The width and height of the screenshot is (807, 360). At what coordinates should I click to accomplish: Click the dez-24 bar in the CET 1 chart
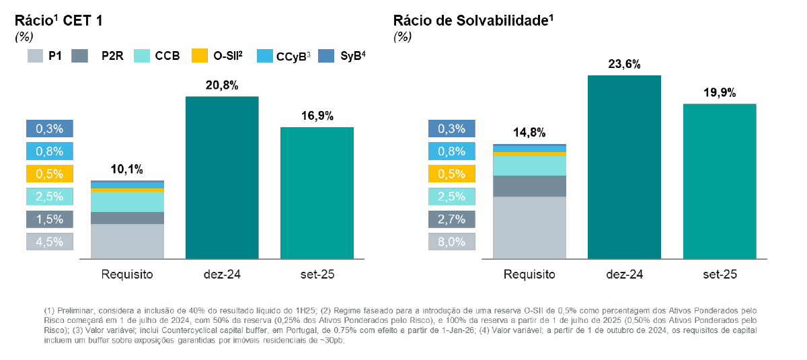pos(222,178)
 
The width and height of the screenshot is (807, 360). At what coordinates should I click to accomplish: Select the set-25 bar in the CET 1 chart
pos(317,192)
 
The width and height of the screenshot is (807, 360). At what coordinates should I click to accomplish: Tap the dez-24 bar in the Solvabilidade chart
pos(624,167)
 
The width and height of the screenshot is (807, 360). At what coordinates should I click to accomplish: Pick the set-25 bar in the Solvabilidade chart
pos(719,181)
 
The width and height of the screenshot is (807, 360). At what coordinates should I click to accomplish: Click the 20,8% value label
pos(222,85)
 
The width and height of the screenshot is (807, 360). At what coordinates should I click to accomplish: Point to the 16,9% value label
pos(317,116)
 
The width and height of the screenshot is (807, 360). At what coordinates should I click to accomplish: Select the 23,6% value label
pos(624,64)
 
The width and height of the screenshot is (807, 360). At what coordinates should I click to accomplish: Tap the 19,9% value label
pos(719,93)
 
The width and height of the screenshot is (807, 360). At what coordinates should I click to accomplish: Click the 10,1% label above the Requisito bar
pos(126,170)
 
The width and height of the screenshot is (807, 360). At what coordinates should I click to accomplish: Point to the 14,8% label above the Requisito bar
pos(529,133)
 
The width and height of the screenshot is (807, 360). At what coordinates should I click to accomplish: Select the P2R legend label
pos(112,56)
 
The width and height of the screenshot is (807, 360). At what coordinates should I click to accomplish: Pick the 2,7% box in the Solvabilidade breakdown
pos(451,219)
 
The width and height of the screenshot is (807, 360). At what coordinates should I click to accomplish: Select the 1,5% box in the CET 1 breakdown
pos(49,219)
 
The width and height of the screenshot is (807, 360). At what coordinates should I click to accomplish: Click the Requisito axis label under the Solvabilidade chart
pos(529,275)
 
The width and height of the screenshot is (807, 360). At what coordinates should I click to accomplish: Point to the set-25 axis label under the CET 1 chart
pos(317,275)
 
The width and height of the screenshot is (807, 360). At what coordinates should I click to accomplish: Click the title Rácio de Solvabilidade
pos(473,21)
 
